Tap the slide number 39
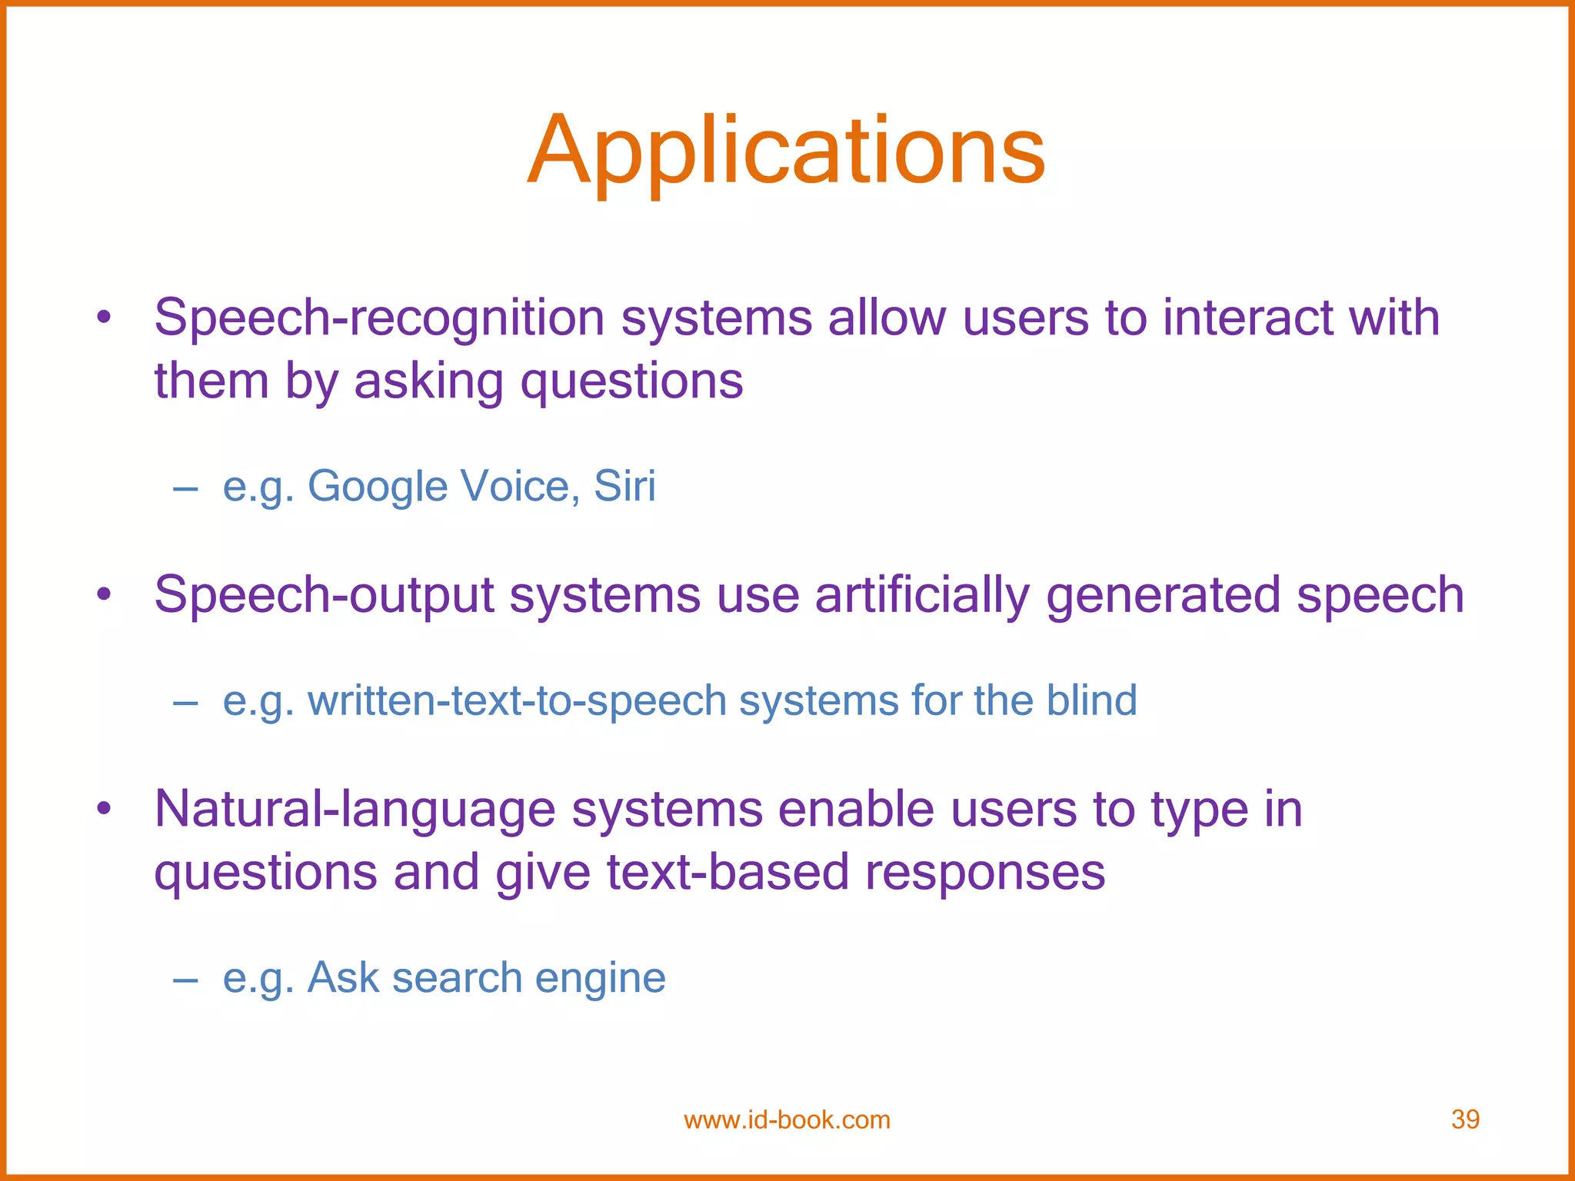[x=1465, y=1119]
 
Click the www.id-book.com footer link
[x=787, y=1120]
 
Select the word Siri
[x=624, y=486]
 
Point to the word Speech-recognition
[x=379, y=318]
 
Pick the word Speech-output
[x=324, y=596]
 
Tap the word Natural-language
[x=355, y=810]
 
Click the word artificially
[x=921, y=596]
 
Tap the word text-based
[x=727, y=873]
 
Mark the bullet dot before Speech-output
[x=105, y=594]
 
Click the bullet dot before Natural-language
[x=105, y=809]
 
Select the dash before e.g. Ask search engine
[x=185, y=980]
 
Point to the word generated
[x=1163, y=596]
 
